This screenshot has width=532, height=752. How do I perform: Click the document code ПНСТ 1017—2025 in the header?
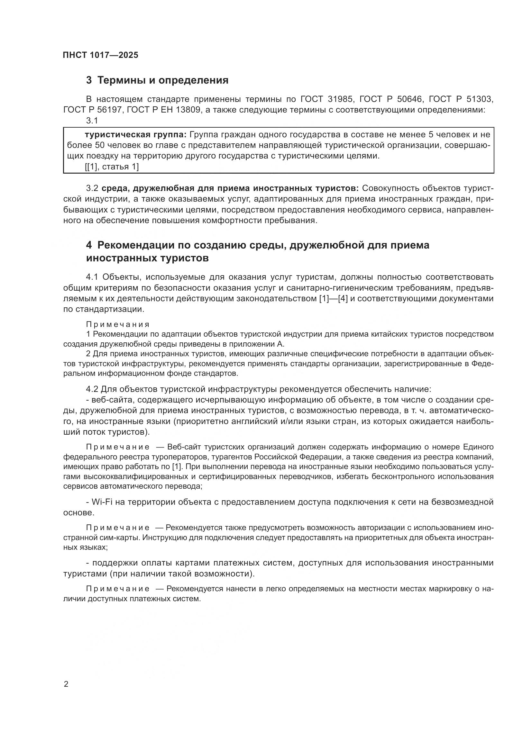pyautogui.click(x=101, y=55)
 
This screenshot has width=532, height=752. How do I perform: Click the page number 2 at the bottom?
pyautogui.click(x=66, y=684)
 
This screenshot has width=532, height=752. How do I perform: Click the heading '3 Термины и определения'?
pyautogui.click(x=157, y=80)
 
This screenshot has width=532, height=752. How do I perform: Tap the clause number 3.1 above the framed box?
pyautogui.click(x=92, y=121)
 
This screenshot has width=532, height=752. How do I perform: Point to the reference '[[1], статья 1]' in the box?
pyautogui.click(x=112, y=167)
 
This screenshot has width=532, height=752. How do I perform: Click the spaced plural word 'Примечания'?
pyautogui.click(x=118, y=325)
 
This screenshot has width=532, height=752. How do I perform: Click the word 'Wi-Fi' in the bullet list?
pyautogui.click(x=102, y=502)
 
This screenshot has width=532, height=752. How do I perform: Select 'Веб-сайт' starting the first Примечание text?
pyautogui.click(x=181, y=448)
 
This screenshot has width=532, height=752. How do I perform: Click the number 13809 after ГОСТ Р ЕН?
pyautogui.click(x=188, y=110)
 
